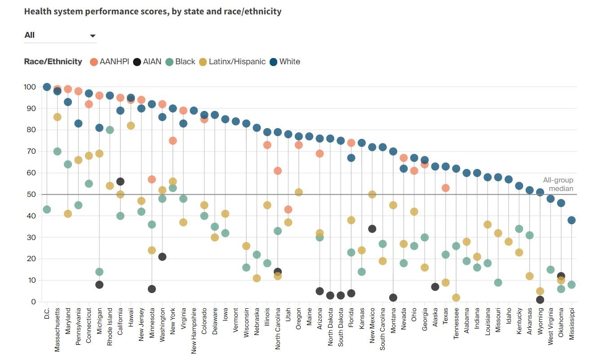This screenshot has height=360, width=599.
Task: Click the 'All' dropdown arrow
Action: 93,36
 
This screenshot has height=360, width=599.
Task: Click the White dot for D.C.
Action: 47,87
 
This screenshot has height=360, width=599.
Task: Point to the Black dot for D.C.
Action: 47,209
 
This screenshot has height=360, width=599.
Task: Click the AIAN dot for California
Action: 120,182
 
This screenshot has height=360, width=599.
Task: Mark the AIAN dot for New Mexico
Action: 372,229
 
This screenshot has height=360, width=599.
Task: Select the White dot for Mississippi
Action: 572,220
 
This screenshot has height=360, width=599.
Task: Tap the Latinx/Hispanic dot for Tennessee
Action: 456,298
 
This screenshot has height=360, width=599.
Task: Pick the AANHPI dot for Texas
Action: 446,188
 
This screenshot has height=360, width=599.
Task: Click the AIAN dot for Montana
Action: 393,298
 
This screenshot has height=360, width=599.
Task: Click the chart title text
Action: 153,11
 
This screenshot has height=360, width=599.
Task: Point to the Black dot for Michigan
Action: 99,272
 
